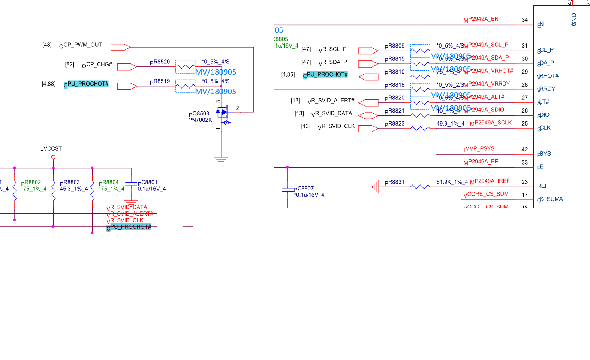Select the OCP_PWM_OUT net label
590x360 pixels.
pyautogui.click(x=81, y=45)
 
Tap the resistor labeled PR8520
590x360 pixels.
pyautogui.click(x=185, y=67)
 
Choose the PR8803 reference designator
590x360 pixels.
pyautogui.click(x=70, y=183)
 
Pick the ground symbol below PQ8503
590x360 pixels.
pyautogui.click(x=221, y=160)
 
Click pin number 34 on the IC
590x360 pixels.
pyautogui.click(x=524, y=20)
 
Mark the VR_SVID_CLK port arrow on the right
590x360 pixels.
pyautogui.click(x=368, y=129)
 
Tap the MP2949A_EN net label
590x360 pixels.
pyautogui.click(x=481, y=19)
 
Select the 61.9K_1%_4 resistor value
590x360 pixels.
pyautogui.click(x=452, y=182)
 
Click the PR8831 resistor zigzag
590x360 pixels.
pyautogui.click(x=420, y=187)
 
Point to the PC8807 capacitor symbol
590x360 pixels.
pyautogui.click(x=288, y=190)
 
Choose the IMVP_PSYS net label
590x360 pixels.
pyautogui.click(x=479, y=149)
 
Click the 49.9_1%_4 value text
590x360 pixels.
pyautogui.click(x=450, y=124)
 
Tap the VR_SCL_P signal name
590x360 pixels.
pyautogui.click(x=332, y=49)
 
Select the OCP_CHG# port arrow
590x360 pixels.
pyautogui.click(x=127, y=67)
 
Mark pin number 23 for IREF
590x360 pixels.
pyautogui.click(x=524, y=182)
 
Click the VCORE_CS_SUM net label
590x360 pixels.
pyautogui.click(x=486, y=194)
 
